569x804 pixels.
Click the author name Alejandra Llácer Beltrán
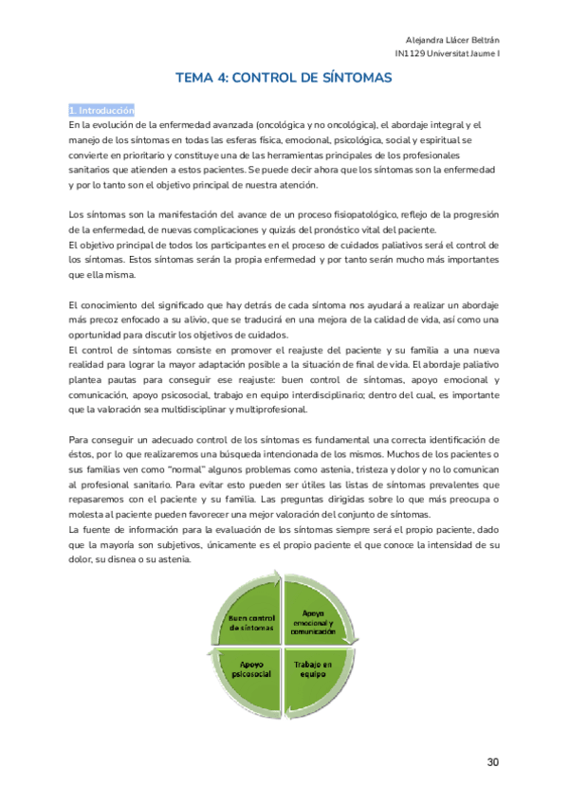click(459, 39)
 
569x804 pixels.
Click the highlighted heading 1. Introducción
click(101, 110)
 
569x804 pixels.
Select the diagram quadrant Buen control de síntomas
click(251, 623)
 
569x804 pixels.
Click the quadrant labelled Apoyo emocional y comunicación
click(320, 622)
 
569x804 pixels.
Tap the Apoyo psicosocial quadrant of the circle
click(252, 669)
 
